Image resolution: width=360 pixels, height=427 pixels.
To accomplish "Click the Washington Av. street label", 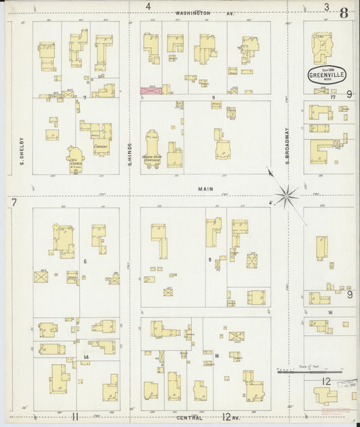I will click(x=203, y=13).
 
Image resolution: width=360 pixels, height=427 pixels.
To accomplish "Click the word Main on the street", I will click(x=205, y=190).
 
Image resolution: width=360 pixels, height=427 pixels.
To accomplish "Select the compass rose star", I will click(x=287, y=195).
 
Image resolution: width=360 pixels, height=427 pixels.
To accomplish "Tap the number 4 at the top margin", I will click(x=148, y=7).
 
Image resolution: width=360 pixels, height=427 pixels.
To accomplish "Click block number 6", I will click(x=84, y=261).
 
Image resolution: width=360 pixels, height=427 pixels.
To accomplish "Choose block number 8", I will click(x=211, y=259).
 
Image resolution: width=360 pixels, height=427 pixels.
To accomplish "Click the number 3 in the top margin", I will click(x=326, y=7).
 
